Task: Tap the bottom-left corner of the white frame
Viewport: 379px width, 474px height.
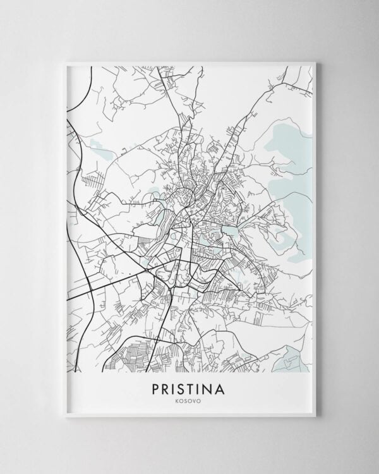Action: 66,416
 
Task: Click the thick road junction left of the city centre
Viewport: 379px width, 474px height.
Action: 147,270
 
